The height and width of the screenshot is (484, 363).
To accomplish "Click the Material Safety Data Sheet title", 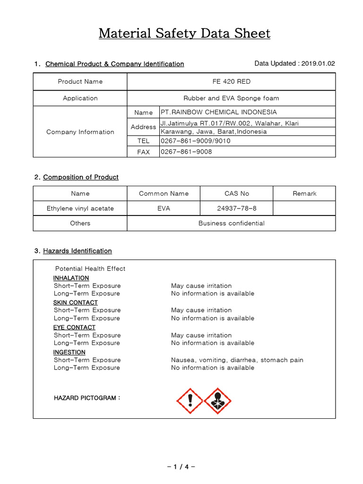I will coord(184,34).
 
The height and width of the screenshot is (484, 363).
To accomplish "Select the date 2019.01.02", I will coord(318,63).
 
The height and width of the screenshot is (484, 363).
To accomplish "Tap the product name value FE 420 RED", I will coord(231,81).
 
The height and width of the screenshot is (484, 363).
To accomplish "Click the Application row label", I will coord(80,98).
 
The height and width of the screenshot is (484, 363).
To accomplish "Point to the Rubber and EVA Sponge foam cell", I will coord(231,98).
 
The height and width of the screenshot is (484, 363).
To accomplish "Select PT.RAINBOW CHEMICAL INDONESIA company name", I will coord(219,112).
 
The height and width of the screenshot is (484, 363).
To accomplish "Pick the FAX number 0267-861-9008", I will coord(186,152).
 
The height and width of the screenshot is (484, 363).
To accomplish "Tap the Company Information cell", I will coord(80,132).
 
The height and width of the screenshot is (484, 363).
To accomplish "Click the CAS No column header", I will coord(236,193).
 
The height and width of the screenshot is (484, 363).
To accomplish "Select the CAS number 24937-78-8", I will coord(236,208).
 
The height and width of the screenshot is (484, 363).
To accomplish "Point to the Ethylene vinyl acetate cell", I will coord(80,208).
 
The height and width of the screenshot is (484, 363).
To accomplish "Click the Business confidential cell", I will coord(231,223).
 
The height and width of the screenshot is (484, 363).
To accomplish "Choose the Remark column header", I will coord(304,193).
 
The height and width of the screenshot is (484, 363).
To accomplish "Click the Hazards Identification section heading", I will coord(77,251).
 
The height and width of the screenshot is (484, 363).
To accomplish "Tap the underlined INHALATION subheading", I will coord(71,278).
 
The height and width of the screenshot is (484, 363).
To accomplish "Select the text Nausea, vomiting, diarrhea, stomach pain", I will coord(237,360).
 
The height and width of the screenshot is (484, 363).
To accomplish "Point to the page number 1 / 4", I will coord(181,467).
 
